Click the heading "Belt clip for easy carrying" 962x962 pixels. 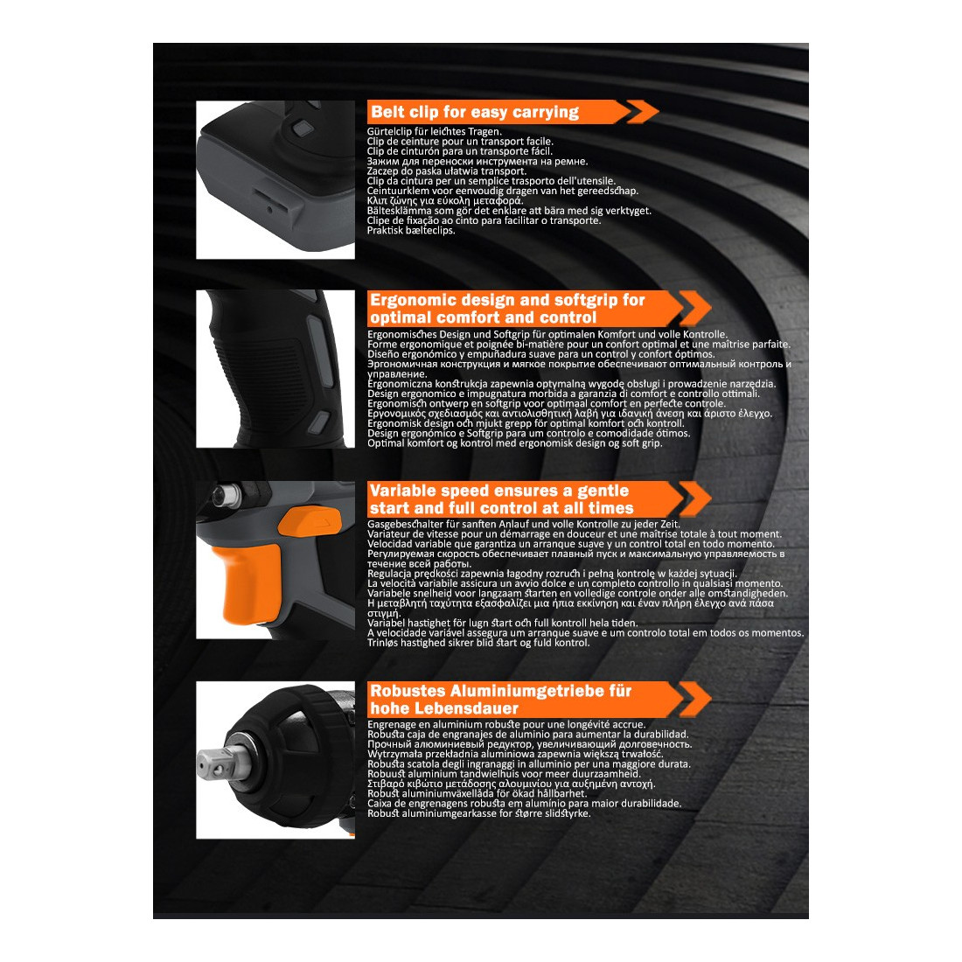click(x=474, y=112)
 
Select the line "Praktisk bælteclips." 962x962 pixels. click(x=411, y=231)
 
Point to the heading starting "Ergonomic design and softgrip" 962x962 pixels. click(x=507, y=309)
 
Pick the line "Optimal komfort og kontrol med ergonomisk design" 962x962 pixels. click(x=515, y=443)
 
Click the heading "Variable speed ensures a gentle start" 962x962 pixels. click(x=501, y=498)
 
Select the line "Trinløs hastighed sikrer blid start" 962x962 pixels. click(x=478, y=643)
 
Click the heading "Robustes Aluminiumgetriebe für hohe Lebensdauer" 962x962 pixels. click(x=500, y=700)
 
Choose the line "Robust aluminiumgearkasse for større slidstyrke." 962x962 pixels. click(x=479, y=813)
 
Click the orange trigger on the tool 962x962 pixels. click(x=249, y=581)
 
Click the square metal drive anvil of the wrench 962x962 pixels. click(x=214, y=763)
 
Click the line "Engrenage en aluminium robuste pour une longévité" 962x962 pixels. click(x=506, y=725)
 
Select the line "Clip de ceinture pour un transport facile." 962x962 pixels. click(x=460, y=141)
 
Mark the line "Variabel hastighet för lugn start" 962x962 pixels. click(x=503, y=623)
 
